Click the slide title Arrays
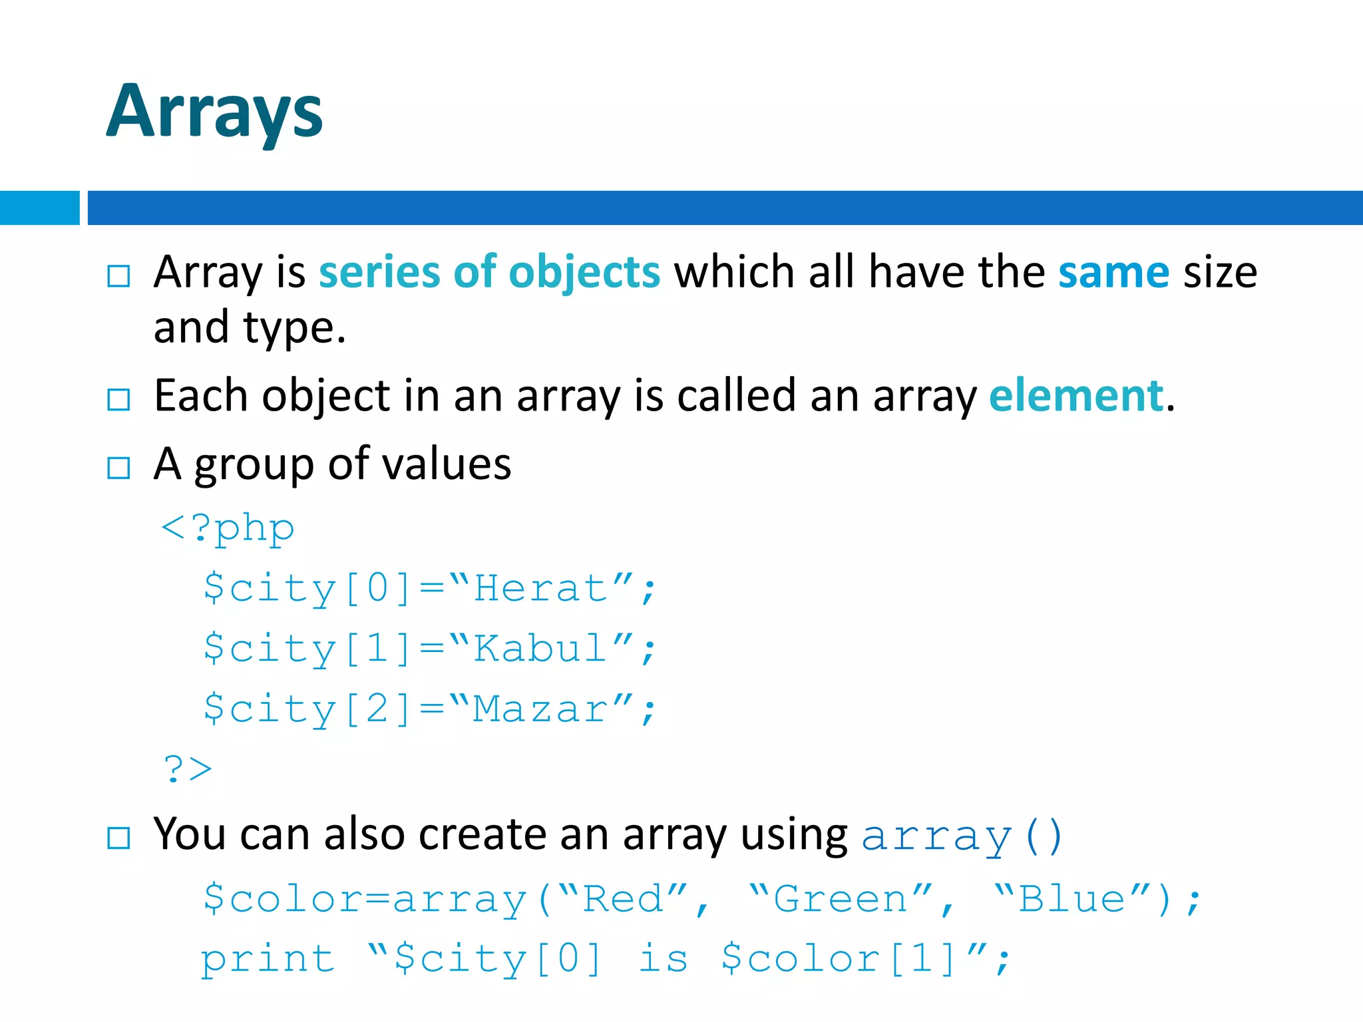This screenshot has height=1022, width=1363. click(x=214, y=112)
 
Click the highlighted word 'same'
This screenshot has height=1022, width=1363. click(x=1113, y=272)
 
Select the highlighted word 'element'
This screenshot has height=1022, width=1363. click(x=1076, y=396)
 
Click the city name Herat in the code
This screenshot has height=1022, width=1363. click(x=540, y=589)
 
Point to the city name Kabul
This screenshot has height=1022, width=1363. click(x=540, y=649)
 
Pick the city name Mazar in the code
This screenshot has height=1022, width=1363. click(x=540, y=709)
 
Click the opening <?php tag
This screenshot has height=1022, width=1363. click(x=228, y=530)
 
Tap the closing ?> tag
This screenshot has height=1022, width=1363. click(x=188, y=769)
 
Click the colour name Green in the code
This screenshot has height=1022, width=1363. click(x=841, y=900)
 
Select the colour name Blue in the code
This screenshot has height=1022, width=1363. click(x=1071, y=900)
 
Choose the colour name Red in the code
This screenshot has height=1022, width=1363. click(x=623, y=900)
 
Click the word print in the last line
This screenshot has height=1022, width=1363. click(x=268, y=959)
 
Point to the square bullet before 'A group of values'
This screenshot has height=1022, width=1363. click(x=118, y=468)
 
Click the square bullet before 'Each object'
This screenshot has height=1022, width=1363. click(x=118, y=399)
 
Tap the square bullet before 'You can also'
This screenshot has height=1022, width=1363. click(x=118, y=838)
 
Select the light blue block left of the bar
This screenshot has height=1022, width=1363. click(x=39, y=208)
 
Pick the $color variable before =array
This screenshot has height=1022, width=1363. click(x=282, y=900)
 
